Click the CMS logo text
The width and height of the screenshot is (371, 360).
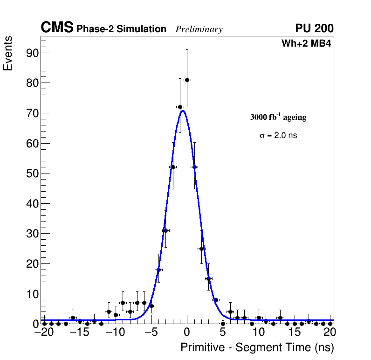click(x=57, y=28)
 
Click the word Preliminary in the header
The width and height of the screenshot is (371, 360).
click(x=199, y=29)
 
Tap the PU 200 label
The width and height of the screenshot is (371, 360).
click(x=314, y=28)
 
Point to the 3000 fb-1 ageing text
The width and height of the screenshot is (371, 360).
click(x=278, y=117)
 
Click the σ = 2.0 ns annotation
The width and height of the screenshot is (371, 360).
click(x=278, y=136)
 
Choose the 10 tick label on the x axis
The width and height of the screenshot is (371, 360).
click(x=259, y=332)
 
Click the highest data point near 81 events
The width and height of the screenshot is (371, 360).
click(x=187, y=80)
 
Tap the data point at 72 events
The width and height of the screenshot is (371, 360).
click(x=180, y=107)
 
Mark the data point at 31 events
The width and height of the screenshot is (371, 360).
click(x=165, y=230)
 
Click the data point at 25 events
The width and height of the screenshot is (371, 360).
click(x=201, y=249)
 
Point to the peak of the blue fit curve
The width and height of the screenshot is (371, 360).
click(x=183, y=111)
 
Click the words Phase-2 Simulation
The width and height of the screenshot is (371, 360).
click(x=121, y=29)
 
